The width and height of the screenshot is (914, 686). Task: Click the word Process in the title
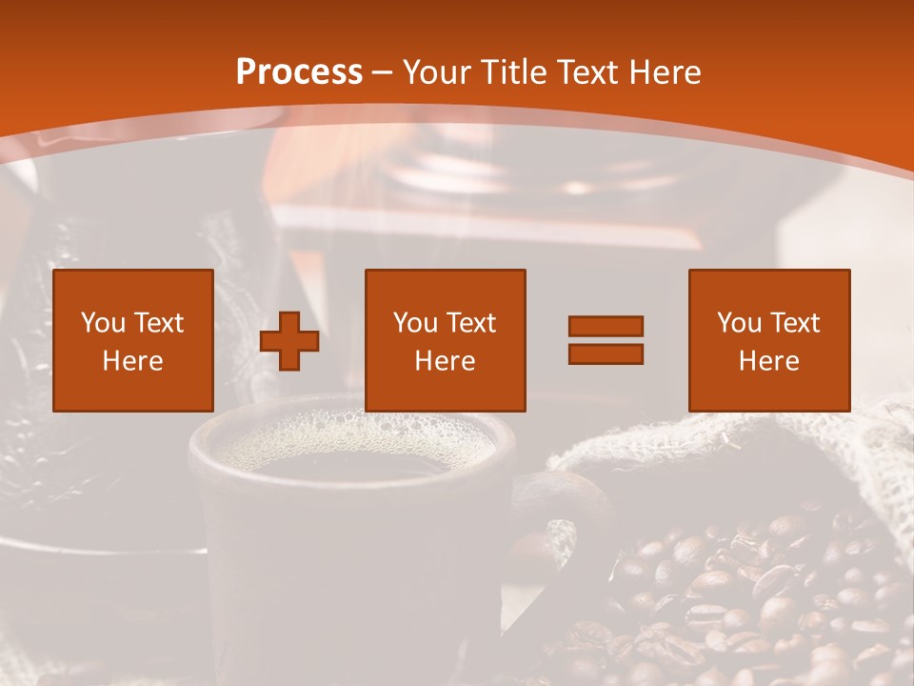(x=299, y=72)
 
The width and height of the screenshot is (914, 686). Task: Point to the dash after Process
(x=382, y=73)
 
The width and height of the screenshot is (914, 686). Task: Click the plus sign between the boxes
(x=289, y=341)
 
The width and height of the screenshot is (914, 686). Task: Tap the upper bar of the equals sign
(x=606, y=326)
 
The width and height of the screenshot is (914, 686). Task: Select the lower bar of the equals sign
(x=606, y=353)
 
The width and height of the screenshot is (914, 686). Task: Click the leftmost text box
(x=133, y=340)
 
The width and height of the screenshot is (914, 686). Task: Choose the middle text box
(x=446, y=340)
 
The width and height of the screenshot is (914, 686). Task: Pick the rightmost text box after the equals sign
(x=769, y=340)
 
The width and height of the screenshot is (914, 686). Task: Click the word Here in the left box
(x=133, y=361)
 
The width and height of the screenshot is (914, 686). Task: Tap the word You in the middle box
(x=415, y=323)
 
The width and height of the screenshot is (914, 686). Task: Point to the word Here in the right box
(x=769, y=361)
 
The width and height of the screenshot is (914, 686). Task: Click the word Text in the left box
(x=158, y=323)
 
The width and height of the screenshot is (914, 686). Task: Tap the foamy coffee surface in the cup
(x=352, y=443)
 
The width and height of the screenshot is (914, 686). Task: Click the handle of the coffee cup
(x=552, y=534)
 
